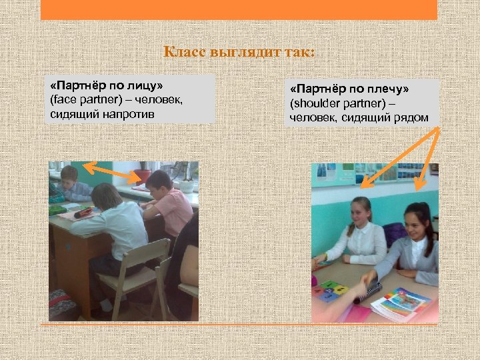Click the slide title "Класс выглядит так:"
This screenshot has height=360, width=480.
coord(239,52)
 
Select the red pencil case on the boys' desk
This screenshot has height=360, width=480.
coord(84,213)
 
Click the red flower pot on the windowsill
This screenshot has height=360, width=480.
coord(143,175)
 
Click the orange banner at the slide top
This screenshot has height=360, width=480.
coord(239,9)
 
